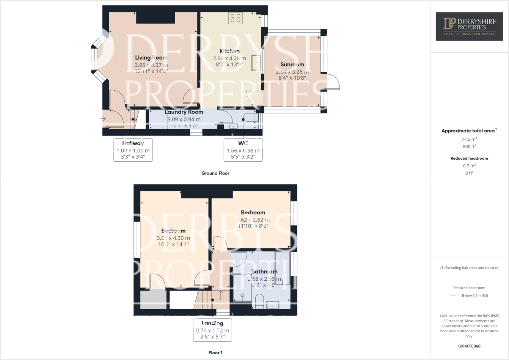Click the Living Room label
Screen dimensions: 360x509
pyautogui.click(x=151, y=58)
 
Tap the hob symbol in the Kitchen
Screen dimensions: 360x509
pyautogui.click(x=236, y=18)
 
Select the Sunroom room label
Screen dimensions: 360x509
pyautogui.click(x=292, y=64)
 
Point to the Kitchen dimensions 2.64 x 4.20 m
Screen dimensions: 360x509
pyautogui.click(x=229, y=58)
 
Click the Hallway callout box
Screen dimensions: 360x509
pyautogui.click(x=133, y=150)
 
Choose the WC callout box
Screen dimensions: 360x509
pyautogui.click(x=243, y=150)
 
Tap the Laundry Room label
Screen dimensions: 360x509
pyautogui.click(x=184, y=112)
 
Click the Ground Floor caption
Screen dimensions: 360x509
pyautogui.click(x=215, y=173)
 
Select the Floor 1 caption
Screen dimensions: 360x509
pyautogui.click(x=215, y=352)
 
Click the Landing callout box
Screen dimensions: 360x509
pyautogui.click(x=212, y=330)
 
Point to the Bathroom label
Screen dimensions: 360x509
pyautogui.click(x=264, y=272)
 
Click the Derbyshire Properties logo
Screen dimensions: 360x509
pyautogui.click(x=469, y=27)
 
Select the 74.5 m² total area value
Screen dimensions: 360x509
pyautogui.click(x=469, y=139)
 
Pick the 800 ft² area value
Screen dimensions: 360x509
pyautogui.click(x=469, y=146)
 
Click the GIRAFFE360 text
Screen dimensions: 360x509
pyautogui.click(x=469, y=346)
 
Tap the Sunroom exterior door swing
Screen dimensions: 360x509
pyautogui.click(x=332, y=82)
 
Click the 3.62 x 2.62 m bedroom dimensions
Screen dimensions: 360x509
pyautogui.click(x=253, y=220)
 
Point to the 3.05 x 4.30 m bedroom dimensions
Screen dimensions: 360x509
pyautogui.click(x=173, y=238)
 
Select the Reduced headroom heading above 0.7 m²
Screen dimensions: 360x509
pyautogui.click(x=469, y=158)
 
